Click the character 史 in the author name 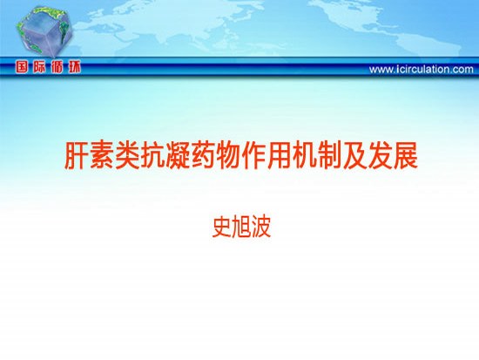point(221,228)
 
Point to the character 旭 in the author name point(241,228)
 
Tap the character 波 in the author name point(261,228)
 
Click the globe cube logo point(44,31)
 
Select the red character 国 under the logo point(22,67)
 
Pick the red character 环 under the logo point(75,67)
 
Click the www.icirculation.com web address point(422,70)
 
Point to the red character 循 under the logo point(57,67)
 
